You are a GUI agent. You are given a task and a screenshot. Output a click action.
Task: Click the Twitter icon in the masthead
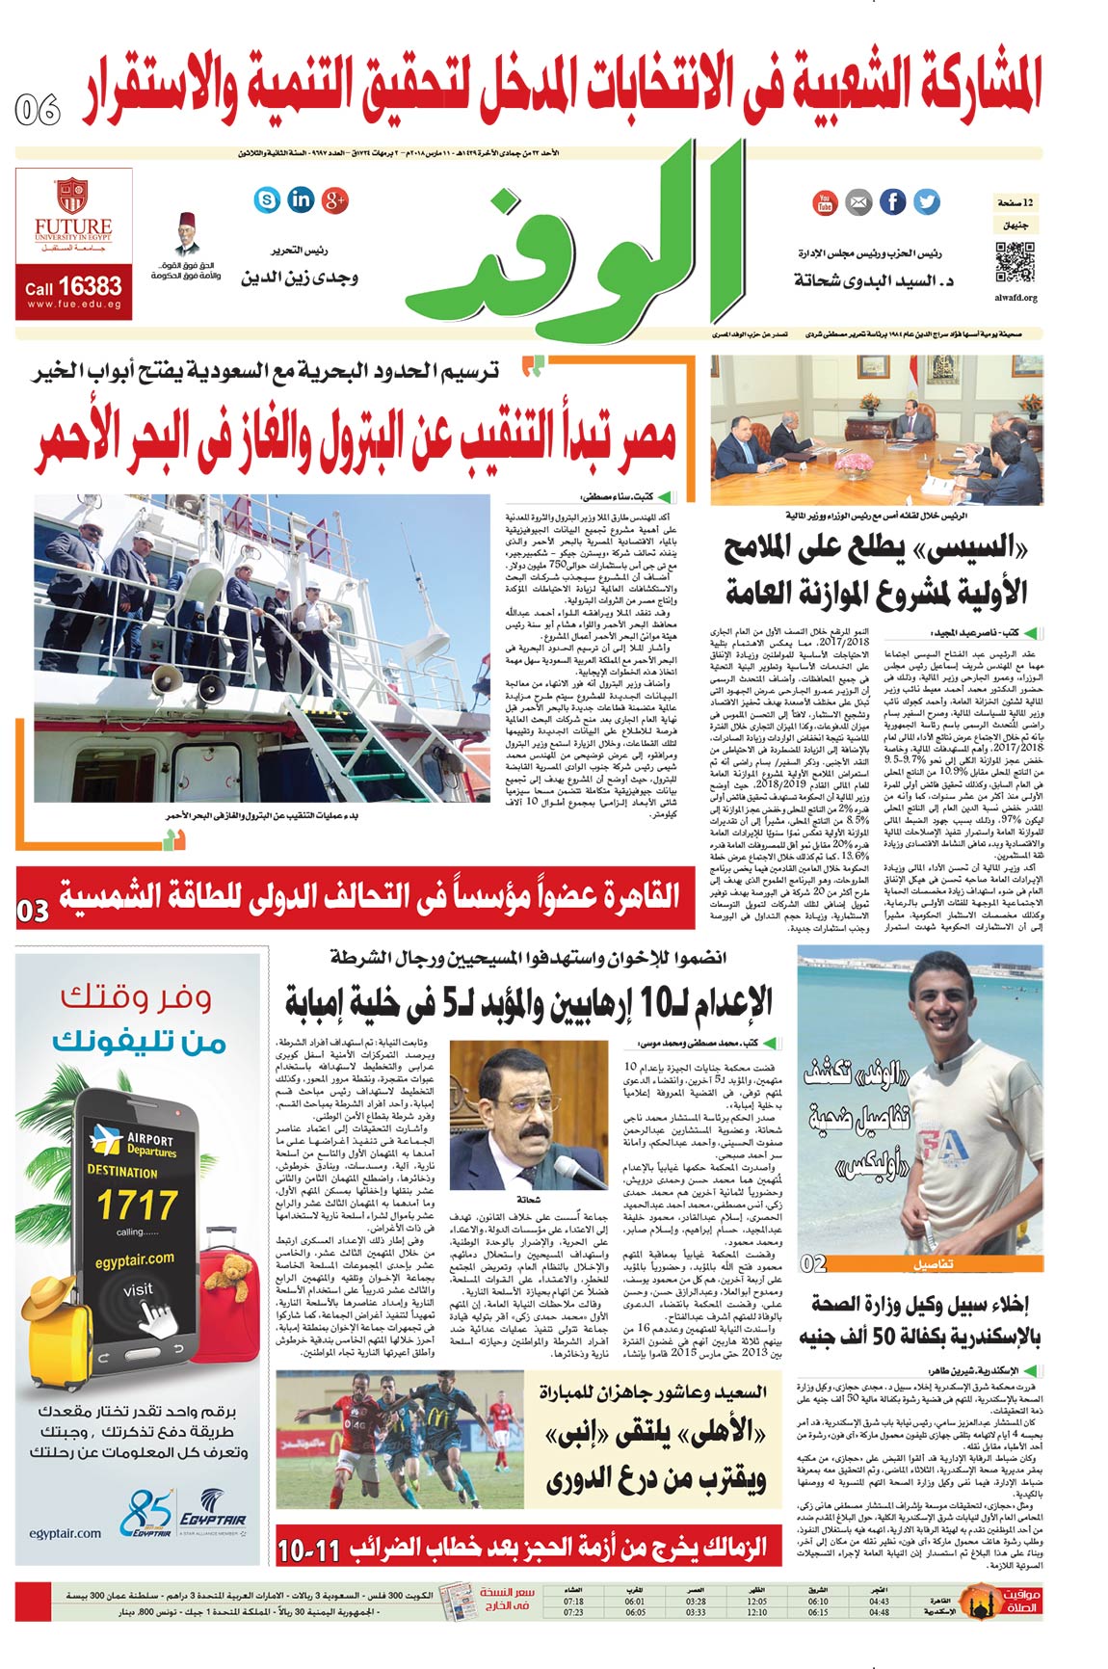[926, 201]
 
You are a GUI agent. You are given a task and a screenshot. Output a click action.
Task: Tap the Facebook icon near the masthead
[892, 201]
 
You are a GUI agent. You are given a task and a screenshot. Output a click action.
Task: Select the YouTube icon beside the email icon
[825, 202]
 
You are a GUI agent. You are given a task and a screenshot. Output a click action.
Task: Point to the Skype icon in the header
[267, 199]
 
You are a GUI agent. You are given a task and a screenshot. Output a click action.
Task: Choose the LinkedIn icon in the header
[301, 199]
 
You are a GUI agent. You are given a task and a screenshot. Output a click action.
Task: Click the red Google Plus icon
[334, 199]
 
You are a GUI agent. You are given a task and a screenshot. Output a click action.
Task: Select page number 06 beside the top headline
[39, 110]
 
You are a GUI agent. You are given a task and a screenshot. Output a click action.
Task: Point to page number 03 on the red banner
[33, 911]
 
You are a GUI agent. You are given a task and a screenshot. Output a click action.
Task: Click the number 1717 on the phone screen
[137, 1205]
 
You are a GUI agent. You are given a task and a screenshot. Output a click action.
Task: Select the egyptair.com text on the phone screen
[134, 1259]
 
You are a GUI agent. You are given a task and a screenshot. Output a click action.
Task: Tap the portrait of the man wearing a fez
[188, 233]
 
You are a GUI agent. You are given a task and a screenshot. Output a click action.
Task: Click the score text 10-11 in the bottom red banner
[308, 1551]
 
